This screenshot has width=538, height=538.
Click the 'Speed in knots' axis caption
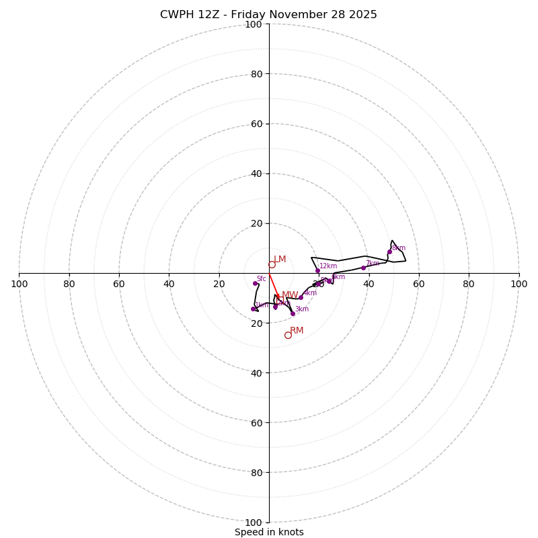point(269,532)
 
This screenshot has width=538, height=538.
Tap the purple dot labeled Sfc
point(255,283)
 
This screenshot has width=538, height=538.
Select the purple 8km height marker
point(389,252)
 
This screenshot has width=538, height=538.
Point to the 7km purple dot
point(363,268)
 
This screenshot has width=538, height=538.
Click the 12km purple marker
point(317,270)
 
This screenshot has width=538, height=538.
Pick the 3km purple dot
point(293,313)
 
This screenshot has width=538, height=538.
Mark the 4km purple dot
point(301,297)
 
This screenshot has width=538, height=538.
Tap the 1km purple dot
point(253,309)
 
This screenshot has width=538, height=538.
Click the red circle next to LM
point(272,264)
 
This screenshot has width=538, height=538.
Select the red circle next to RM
point(288,335)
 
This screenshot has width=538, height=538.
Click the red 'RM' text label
point(297,330)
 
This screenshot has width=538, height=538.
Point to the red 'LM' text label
point(280,259)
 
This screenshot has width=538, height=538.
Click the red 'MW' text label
point(290,295)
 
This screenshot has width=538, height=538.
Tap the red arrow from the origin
point(273,284)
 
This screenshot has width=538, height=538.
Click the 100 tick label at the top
point(253,24)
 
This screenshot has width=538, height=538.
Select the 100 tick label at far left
point(19,284)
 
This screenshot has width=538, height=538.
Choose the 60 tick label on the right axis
point(419,284)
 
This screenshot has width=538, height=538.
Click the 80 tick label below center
point(256,472)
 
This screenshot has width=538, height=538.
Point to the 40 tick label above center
point(256,174)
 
